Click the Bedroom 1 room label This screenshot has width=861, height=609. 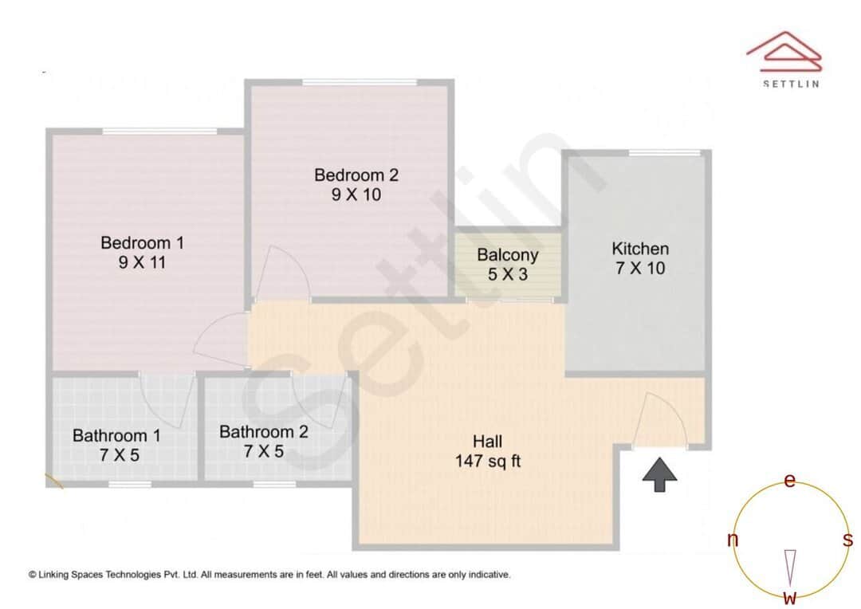pyautogui.click(x=142, y=242)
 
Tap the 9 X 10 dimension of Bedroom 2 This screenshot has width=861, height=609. pyautogui.click(x=356, y=194)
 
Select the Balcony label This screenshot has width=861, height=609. pyautogui.click(x=508, y=255)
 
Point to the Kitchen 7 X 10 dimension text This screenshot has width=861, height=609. pyautogui.click(x=639, y=269)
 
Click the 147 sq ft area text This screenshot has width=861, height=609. pyautogui.click(x=488, y=461)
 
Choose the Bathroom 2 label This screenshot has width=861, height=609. pyautogui.click(x=264, y=432)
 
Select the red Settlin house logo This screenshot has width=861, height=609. pyautogui.click(x=784, y=52)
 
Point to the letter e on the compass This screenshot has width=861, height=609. pyautogui.click(x=790, y=481)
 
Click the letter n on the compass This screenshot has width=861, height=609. pyautogui.click(x=732, y=540)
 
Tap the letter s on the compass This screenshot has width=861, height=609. pyautogui.click(x=848, y=540)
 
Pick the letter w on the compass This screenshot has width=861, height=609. pyautogui.click(x=790, y=598)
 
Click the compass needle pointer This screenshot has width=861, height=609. pyautogui.click(x=790, y=568)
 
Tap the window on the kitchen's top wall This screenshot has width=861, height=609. pyautogui.click(x=664, y=152)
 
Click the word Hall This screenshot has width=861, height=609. pyautogui.click(x=488, y=442)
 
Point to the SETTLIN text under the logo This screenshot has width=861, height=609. pyautogui.click(x=791, y=84)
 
